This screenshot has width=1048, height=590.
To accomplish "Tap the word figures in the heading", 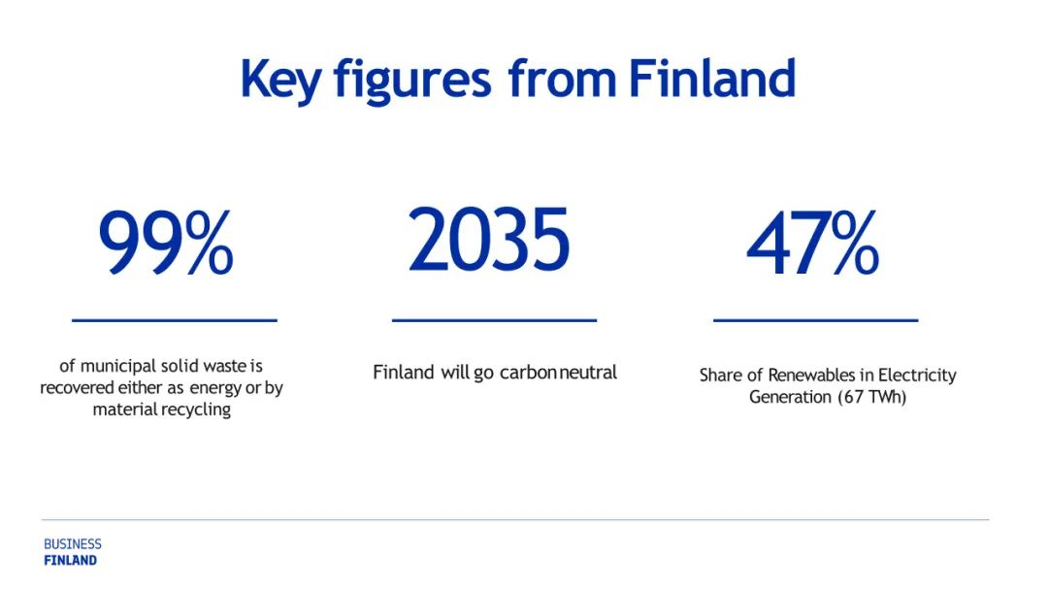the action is coord(412,82).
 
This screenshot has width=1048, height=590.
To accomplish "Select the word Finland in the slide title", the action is coord(712,79).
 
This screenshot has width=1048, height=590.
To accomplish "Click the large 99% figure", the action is coord(166,242).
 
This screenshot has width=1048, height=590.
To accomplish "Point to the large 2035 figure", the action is coord(489,240).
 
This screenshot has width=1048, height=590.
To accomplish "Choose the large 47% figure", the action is coord(813,243).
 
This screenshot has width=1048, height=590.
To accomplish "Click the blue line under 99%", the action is coord(175,321).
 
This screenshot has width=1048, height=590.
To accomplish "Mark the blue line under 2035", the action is coord(494,321).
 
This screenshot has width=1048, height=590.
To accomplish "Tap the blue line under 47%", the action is coord(815,321).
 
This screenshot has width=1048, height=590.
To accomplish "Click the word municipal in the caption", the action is coord(118,367).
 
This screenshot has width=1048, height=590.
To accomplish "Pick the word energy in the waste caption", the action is coord(215,389).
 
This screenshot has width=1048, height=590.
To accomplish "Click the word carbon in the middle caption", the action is coord(529,373).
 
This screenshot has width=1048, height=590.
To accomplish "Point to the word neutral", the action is coord(588,373).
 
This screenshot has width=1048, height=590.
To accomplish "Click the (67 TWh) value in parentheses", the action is coord(871,397).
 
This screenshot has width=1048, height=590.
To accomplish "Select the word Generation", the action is coord(790,397).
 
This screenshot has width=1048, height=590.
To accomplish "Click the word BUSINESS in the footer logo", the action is coord(73,544).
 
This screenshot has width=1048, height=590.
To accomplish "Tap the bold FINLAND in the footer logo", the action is coord(70,561).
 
